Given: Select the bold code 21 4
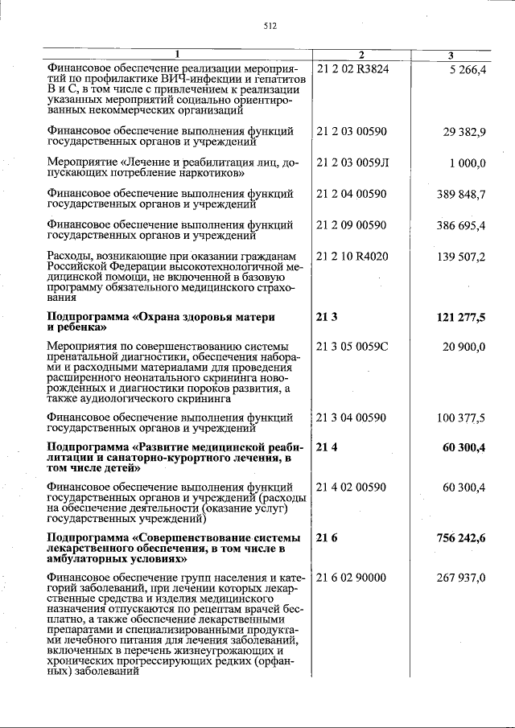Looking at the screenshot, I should tap(327, 447).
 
